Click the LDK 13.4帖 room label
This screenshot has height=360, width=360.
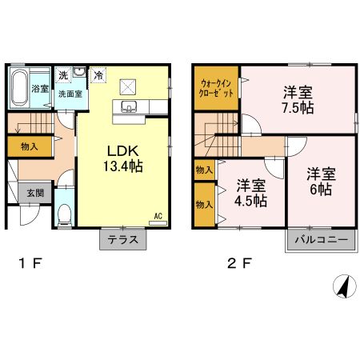[x=121, y=159]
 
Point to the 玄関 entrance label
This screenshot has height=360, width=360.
[x=34, y=193]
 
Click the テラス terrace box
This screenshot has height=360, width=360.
[x=122, y=239]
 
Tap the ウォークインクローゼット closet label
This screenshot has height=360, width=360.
[x=215, y=87]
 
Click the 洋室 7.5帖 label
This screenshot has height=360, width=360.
[x=296, y=100]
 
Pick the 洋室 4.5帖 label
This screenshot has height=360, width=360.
[x=249, y=193]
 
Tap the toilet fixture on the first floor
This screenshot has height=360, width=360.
[x=65, y=213]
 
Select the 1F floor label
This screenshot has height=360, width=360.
[x=24, y=262]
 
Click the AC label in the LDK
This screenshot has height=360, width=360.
[x=158, y=214]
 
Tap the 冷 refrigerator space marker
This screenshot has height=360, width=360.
[x=98, y=74]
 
